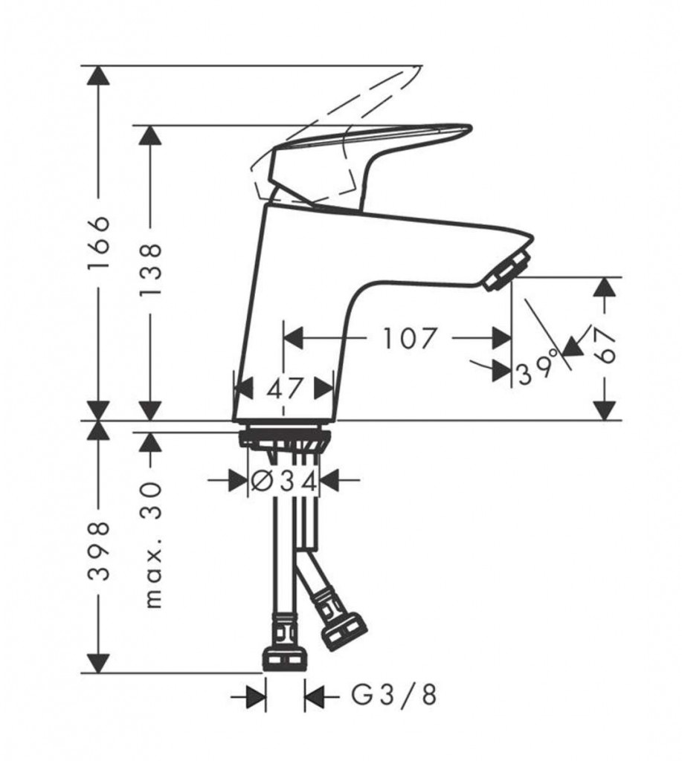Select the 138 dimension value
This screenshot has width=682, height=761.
pos(150,271)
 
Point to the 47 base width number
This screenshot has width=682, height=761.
pos(284,388)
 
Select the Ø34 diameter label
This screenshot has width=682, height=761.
pos(285,481)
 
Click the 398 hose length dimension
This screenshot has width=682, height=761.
pos(100,552)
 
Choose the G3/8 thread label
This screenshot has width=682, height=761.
pos(394,696)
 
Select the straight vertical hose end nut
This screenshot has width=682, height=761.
pos(286,660)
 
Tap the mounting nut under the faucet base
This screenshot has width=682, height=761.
pos(284,439)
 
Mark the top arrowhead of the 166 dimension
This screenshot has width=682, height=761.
pos(100,75)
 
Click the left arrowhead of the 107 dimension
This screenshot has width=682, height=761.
pos(293,338)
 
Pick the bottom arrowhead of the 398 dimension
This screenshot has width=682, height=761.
pos(100,662)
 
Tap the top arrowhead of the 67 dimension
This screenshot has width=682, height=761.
pos(605,288)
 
